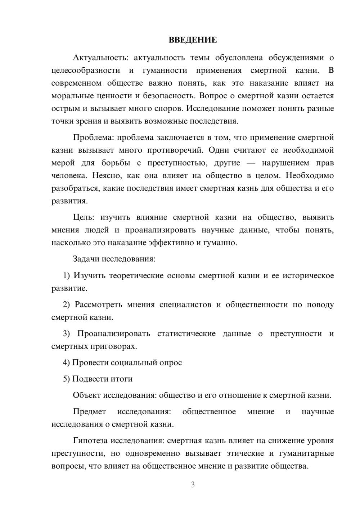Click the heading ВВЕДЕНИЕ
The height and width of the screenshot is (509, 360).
tap(193, 40)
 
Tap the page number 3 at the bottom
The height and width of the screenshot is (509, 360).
tap(193, 485)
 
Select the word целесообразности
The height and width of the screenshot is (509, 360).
tap(86, 70)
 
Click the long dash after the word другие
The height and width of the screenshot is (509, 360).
tap(251, 163)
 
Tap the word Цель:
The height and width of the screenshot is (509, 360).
tap(84, 217)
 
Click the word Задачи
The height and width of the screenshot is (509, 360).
tap(86, 259)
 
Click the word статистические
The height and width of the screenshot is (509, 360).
tap(186, 333)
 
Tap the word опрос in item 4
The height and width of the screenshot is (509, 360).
tap(171, 362)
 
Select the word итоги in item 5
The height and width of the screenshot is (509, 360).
tap(122, 379)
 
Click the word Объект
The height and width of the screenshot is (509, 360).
tap(87, 395)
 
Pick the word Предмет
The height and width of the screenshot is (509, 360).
tap(89, 411)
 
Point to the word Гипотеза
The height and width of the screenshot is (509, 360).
tap(90, 440)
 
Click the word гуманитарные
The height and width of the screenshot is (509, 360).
tap(306, 453)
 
